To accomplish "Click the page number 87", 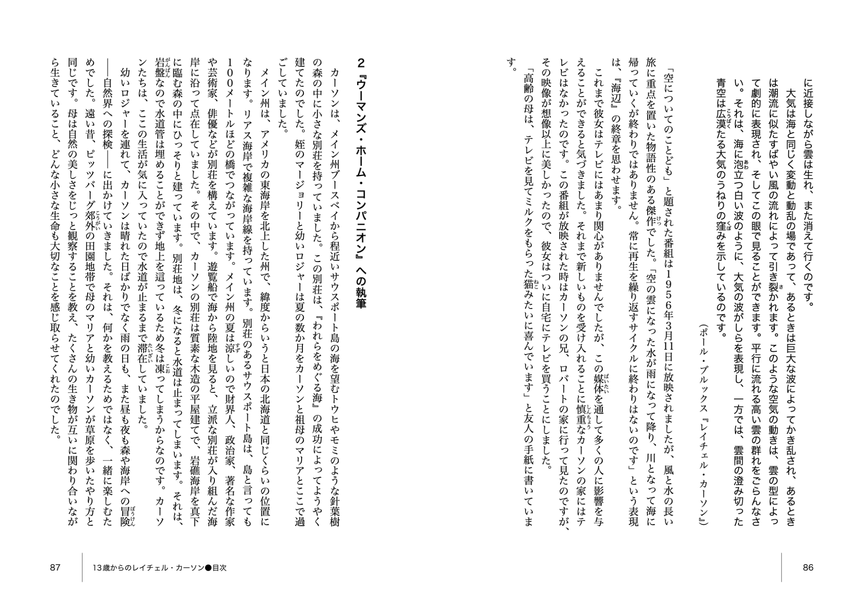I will click(x=55, y=568).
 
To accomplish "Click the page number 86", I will click(x=808, y=568).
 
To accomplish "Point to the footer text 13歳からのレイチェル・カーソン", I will click(x=148, y=568).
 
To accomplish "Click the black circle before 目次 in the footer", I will click(x=208, y=568).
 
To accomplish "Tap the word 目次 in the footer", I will click(x=219, y=568).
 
